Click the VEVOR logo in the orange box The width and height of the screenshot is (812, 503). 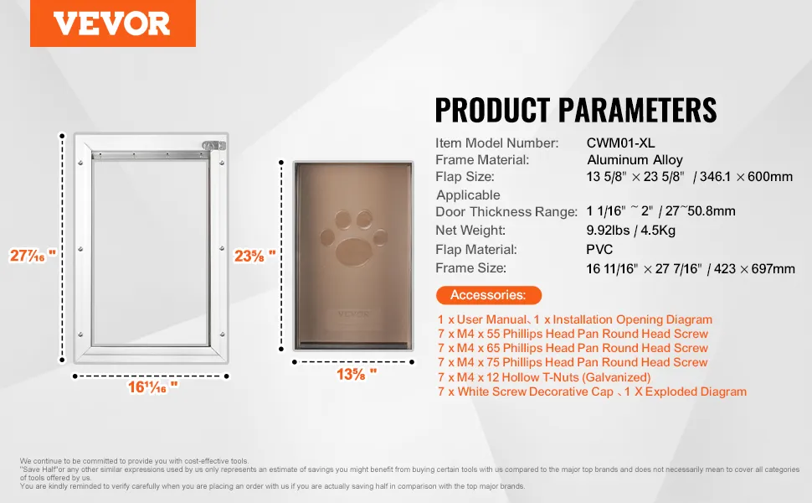pyautogui.click(x=112, y=23)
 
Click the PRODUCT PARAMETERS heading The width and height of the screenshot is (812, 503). pyautogui.click(x=576, y=110)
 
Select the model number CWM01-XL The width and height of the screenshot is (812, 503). pyautogui.click(x=620, y=143)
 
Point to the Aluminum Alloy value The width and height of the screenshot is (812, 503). pyautogui.click(x=635, y=160)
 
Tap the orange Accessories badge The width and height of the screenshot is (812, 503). pyautogui.click(x=488, y=295)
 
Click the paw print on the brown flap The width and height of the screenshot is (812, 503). pyautogui.click(x=354, y=238)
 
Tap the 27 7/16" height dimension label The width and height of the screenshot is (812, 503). pyautogui.click(x=33, y=255)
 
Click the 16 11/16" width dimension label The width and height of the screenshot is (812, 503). pyautogui.click(x=152, y=386)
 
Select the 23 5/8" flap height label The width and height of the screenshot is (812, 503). pyautogui.click(x=254, y=256)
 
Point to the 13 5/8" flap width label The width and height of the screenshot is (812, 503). pyautogui.click(x=357, y=374)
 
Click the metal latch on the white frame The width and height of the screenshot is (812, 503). pyautogui.click(x=213, y=146)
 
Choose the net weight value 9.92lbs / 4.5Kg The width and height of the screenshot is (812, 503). pyautogui.click(x=630, y=231)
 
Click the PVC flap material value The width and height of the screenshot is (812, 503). pyautogui.click(x=599, y=250)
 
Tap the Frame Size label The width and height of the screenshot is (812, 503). pyautogui.click(x=470, y=268)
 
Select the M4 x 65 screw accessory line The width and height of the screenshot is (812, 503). pyautogui.click(x=573, y=348)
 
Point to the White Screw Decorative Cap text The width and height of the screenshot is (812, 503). pyautogui.click(x=536, y=392)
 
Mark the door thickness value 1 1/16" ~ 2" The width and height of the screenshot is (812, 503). pyautogui.click(x=619, y=211)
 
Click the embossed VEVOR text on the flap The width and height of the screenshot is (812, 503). pyautogui.click(x=353, y=314)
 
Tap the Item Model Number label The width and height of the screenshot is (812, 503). pyautogui.click(x=496, y=143)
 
